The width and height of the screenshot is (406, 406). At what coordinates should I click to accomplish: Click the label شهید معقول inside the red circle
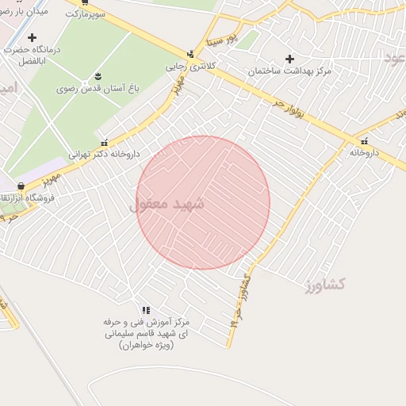click(x=167, y=204)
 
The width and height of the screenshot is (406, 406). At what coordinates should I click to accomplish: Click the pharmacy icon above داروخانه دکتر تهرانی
click(x=104, y=143)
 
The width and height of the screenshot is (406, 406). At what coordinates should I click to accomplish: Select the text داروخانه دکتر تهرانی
click(x=104, y=155)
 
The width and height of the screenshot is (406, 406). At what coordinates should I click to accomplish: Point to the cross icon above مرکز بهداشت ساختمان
click(x=289, y=59)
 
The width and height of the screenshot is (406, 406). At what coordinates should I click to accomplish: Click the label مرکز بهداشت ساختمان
click(x=288, y=71)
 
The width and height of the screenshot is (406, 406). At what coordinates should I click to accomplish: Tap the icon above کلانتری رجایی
click(x=190, y=54)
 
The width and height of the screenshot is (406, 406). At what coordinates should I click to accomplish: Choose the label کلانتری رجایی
click(x=190, y=66)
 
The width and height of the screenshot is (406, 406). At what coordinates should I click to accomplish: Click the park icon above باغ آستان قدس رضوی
click(x=98, y=76)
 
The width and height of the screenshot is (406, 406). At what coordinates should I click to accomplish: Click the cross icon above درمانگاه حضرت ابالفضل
click(x=32, y=37)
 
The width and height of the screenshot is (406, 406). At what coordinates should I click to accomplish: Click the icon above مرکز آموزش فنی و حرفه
click(x=146, y=310)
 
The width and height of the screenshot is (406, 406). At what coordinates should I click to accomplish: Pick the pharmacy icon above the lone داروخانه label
click(x=364, y=140)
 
